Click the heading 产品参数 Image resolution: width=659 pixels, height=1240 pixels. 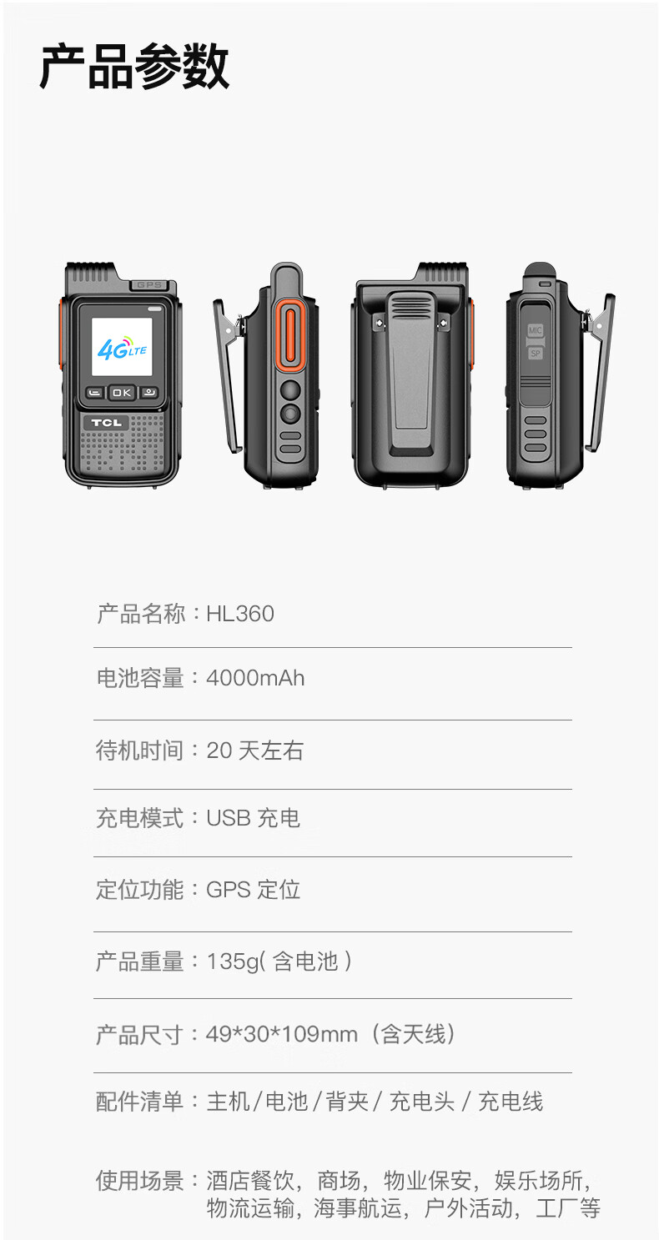(x=134, y=67)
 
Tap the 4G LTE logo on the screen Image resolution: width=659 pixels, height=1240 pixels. (x=122, y=348)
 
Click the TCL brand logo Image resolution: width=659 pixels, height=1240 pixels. (x=106, y=423)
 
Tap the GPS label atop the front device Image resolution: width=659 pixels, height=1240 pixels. (x=149, y=284)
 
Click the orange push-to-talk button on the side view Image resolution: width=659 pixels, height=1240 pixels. (x=290, y=336)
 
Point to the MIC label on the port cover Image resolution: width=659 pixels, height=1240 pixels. (x=535, y=330)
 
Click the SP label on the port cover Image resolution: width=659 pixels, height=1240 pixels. (x=535, y=354)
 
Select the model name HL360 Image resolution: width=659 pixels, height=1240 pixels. (x=240, y=614)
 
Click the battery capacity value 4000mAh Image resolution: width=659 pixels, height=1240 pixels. (x=255, y=678)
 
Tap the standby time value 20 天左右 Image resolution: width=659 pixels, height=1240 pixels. (x=254, y=751)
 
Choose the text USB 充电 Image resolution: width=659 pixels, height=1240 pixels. (x=253, y=818)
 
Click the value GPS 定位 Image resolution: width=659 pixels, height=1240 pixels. (x=253, y=890)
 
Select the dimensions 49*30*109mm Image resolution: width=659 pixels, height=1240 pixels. (x=281, y=1033)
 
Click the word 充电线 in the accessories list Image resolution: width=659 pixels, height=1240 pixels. (x=511, y=1101)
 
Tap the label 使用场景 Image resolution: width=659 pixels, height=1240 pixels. (x=139, y=1180)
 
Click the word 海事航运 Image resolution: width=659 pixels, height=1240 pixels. (x=358, y=1207)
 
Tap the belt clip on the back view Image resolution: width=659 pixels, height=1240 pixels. (x=411, y=373)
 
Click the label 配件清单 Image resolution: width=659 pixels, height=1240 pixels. (x=139, y=1101)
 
